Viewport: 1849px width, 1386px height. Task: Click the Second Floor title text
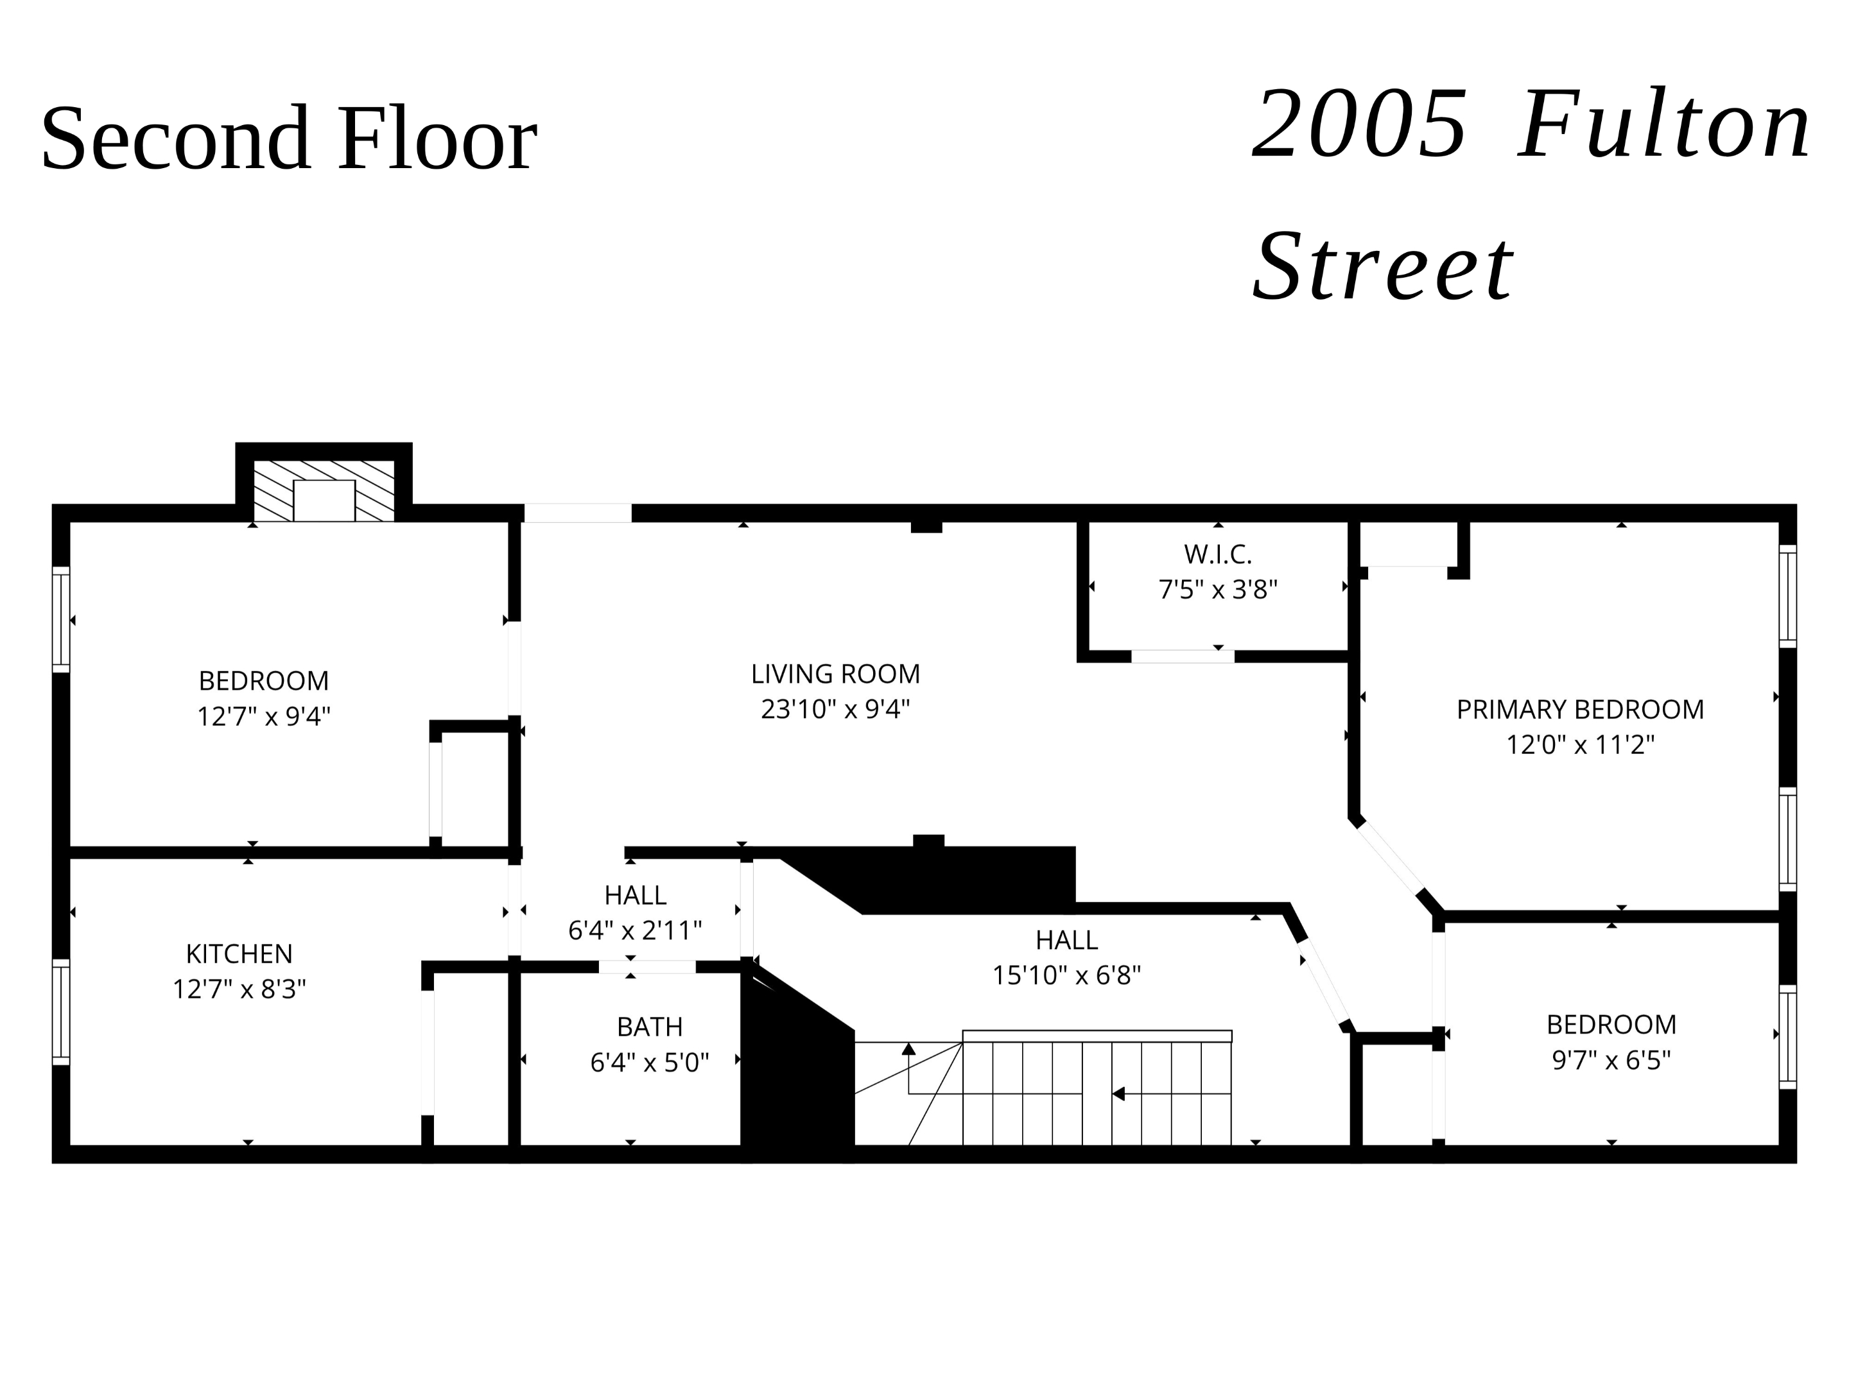coord(288,138)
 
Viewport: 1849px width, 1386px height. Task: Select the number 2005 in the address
coord(1359,127)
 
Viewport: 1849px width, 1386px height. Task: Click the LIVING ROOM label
coord(835,673)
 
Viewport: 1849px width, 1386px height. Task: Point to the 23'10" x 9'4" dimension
coord(835,709)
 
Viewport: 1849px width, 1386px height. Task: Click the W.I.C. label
coord(1217,554)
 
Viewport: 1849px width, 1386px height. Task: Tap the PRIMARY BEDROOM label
coord(1580,709)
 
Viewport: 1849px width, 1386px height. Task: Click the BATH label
coord(650,1026)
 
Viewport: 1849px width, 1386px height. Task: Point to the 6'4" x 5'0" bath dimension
coord(650,1062)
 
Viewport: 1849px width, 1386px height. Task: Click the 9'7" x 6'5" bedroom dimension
coord(1611,1059)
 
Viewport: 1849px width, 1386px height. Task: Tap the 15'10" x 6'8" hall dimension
coord(1066,975)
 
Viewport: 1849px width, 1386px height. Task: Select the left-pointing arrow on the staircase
coord(1118,1093)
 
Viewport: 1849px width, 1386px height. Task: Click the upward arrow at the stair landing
coord(908,1049)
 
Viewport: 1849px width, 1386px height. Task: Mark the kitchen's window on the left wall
coord(61,1012)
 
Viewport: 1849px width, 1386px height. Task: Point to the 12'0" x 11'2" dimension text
coord(1580,744)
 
